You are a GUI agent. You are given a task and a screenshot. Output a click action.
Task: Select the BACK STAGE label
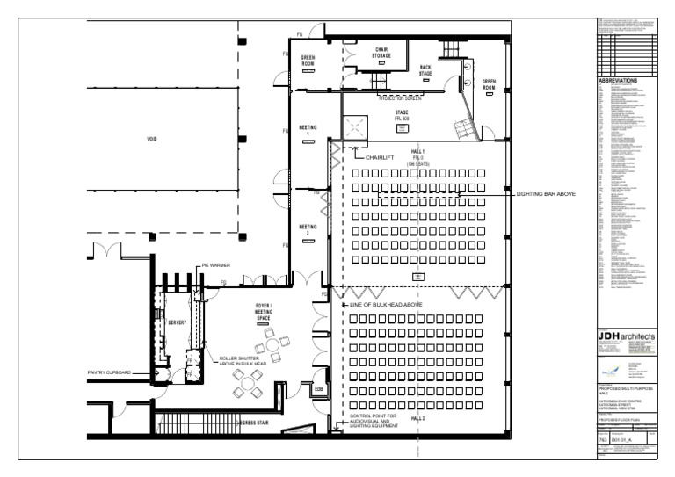(x=425, y=70)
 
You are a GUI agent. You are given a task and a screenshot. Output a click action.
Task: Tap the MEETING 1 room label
(x=308, y=129)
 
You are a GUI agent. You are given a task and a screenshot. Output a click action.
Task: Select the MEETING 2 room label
(x=308, y=229)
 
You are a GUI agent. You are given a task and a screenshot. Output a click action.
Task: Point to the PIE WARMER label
(x=215, y=264)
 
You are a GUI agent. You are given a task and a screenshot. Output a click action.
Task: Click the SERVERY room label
(x=178, y=322)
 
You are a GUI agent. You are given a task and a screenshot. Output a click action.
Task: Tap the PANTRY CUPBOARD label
(x=110, y=373)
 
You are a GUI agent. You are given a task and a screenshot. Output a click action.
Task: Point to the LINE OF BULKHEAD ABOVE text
(x=387, y=304)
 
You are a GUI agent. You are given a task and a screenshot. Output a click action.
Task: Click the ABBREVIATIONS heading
(x=622, y=80)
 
